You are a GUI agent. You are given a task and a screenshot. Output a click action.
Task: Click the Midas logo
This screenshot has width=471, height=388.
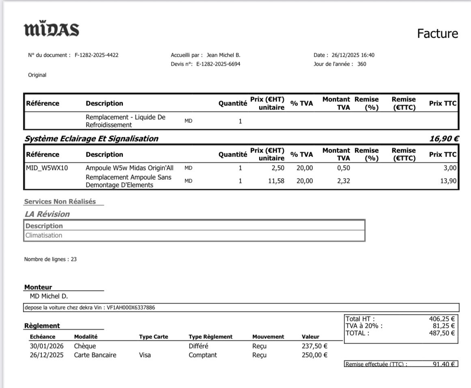[52, 30]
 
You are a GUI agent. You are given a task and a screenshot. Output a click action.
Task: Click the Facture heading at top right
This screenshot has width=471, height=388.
[437, 34]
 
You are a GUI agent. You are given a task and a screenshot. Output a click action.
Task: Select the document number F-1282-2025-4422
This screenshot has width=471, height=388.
[97, 55]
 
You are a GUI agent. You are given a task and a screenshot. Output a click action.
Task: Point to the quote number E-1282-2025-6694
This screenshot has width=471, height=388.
[218, 64]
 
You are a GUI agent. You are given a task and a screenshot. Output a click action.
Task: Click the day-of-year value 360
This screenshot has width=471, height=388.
[361, 64]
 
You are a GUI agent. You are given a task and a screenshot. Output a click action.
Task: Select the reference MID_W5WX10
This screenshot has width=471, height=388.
[47, 168]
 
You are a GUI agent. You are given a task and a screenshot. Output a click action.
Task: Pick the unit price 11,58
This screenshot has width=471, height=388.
[276, 181]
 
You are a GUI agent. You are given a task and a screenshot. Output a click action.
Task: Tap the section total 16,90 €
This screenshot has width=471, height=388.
[444, 139]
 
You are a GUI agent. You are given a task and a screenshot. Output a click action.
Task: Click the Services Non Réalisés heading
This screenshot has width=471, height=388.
[60, 201]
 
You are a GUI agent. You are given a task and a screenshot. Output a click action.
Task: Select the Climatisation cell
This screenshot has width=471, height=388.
[44, 235]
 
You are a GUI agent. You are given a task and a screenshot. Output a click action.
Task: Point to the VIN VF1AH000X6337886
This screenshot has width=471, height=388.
[131, 308]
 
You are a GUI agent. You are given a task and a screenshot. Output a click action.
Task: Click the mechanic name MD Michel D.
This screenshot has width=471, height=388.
[49, 296]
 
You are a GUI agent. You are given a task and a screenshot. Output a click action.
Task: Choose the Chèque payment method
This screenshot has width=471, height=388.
[85, 346]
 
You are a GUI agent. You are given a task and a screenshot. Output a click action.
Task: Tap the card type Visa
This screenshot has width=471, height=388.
[145, 355]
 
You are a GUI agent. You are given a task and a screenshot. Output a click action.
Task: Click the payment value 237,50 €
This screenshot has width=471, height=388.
[314, 346]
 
